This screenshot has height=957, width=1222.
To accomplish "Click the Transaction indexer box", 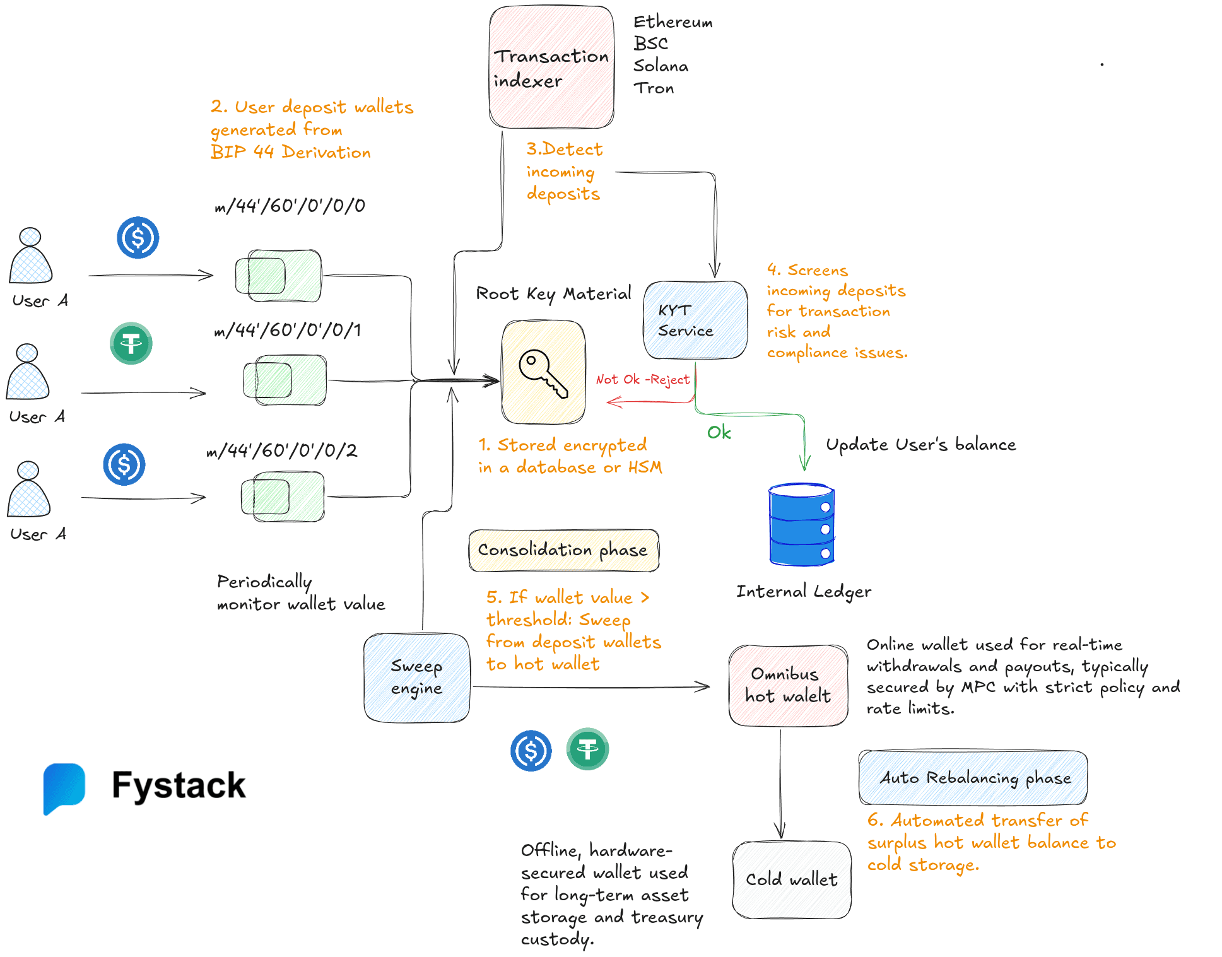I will (x=551, y=68).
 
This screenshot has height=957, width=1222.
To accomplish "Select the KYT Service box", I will (x=695, y=320).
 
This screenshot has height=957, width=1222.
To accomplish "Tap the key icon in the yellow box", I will (x=543, y=373).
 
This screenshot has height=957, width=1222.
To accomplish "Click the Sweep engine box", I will (x=416, y=678).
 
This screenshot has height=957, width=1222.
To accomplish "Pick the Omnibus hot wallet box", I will (x=787, y=685).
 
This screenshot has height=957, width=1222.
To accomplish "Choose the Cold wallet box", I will (x=791, y=879).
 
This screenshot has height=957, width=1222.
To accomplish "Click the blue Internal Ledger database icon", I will (x=801, y=524).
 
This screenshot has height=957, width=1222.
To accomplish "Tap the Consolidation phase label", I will (x=563, y=550).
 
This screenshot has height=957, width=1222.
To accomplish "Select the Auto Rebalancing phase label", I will (x=973, y=778).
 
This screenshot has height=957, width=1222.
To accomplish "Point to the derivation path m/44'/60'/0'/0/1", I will (x=288, y=330).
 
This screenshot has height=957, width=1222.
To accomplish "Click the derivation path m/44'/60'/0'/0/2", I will (x=282, y=450).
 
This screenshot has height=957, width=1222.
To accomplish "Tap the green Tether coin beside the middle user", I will (x=131, y=344).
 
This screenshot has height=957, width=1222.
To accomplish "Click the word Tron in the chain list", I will (x=654, y=88).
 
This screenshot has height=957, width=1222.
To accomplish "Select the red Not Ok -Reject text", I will (x=642, y=380).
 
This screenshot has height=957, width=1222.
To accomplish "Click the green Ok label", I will (x=719, y=433).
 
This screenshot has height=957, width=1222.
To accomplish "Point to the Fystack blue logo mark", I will (x=64, y=787).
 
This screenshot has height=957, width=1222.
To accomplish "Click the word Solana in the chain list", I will (x=661, y=66).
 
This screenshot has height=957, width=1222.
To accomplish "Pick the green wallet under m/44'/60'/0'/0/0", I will (x=278, y=276).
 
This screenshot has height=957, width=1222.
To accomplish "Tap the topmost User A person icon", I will (x=30, y=257).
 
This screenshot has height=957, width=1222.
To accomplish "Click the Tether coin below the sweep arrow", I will (x=587, y=749).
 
